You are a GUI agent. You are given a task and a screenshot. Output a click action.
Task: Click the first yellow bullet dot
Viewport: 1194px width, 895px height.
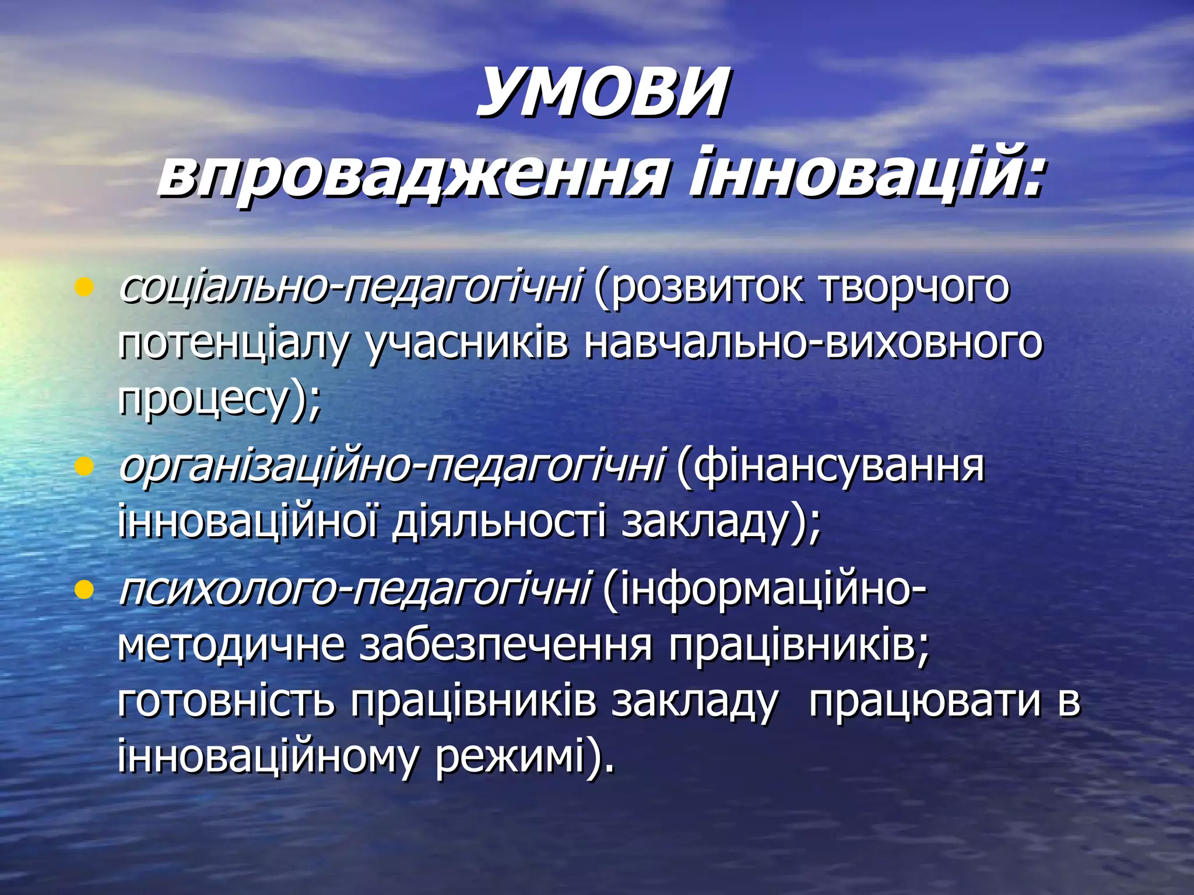pyautogui.click(x=85, y=287)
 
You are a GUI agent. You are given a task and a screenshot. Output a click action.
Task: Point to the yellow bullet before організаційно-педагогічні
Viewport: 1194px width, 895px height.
pyautogui.click(x=85, y=466)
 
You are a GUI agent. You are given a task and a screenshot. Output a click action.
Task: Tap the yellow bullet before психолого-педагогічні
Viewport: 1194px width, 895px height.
pyautogui.click(x=85, y=590)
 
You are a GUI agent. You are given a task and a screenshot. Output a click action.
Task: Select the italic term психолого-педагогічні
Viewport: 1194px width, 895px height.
pyautogui.click(x=354, y=590)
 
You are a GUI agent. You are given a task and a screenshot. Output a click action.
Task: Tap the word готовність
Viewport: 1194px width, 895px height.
pyautogui.click(x=226, y=701)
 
